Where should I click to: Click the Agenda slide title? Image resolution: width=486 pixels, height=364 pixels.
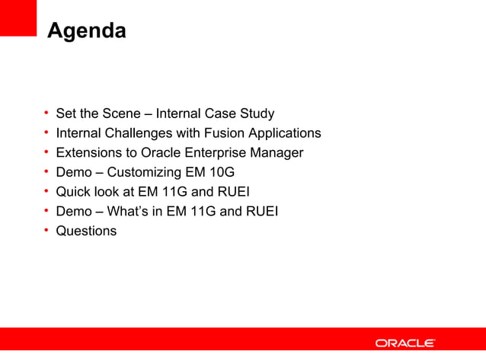[x=86, y=32]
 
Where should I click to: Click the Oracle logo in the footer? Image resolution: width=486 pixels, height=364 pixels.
[x=404, y=343]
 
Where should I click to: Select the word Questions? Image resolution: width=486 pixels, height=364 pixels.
[x=86, y=231]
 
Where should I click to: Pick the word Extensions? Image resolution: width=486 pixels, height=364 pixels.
[x=87, y=152]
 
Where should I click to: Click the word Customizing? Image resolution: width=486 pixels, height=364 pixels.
[x=145, y=172]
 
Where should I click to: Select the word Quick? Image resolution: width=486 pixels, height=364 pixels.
[x=73, y=192]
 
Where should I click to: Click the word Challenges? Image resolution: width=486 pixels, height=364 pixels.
[x=137, y=133]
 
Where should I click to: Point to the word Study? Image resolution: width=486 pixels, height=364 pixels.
[x=257, y=113]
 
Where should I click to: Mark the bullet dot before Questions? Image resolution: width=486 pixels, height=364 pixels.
[x=46, y=230]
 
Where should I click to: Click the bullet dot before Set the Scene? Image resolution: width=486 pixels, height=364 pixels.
[x=46, y=113]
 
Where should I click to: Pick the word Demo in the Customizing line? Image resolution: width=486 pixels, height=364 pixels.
[x=74, y=172]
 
